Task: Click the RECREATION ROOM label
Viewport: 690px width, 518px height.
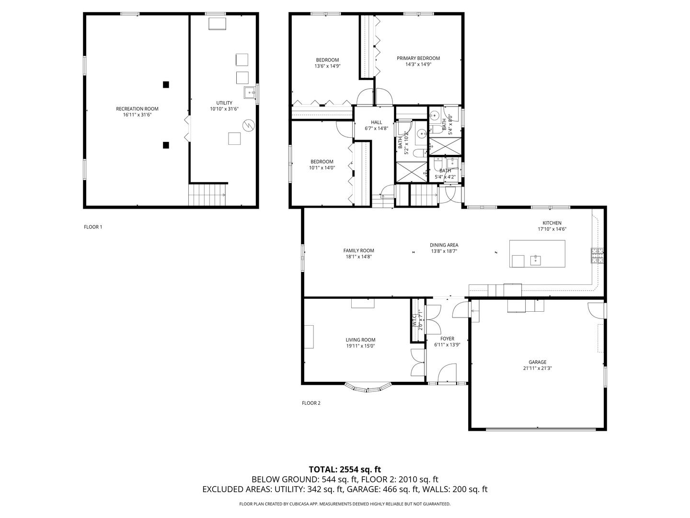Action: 137,109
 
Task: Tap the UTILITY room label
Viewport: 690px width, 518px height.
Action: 224,103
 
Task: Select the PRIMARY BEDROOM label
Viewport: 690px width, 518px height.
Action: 418,59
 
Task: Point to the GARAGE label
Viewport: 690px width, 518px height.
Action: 537,363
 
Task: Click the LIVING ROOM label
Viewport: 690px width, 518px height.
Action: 360,340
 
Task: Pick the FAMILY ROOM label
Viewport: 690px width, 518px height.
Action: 358,251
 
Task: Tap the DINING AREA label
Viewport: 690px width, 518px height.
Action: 444,245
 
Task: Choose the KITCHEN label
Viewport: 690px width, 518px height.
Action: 552,223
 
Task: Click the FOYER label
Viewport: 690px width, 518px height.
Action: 447,339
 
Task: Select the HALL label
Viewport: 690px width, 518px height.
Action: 376,122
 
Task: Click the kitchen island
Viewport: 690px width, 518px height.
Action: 537,254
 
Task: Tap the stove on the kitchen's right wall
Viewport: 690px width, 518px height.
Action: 597,256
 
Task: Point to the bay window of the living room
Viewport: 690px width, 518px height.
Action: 368,387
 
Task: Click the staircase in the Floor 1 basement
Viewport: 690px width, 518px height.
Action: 207,195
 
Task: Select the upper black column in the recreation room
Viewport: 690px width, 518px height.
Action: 166,85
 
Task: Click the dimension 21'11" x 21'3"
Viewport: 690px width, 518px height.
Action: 537,368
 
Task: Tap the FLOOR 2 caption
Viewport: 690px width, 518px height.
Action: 311,403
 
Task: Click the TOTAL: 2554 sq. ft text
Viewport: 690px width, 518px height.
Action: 345,470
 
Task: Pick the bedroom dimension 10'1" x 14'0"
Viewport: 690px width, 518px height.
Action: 322,168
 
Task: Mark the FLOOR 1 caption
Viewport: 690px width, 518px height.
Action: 93,227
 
